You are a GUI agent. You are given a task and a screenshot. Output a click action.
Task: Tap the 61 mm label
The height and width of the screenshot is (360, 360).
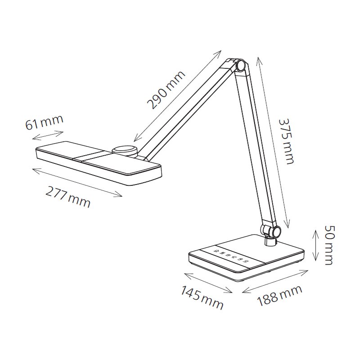point(44,122)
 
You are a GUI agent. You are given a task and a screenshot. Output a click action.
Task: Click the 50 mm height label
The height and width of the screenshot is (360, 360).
point(328,246)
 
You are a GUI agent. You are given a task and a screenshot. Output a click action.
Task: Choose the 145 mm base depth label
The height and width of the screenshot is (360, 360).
point(202,297)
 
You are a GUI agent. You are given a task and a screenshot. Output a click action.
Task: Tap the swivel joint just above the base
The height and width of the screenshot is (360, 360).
point(271,231)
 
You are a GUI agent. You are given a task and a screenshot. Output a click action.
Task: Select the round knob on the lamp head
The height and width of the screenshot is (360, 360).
point(125,150)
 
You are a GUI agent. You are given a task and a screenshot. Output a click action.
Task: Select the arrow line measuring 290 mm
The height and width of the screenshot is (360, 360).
point(178,95)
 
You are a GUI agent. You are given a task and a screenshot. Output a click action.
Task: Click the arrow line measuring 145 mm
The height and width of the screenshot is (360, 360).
point(208,283)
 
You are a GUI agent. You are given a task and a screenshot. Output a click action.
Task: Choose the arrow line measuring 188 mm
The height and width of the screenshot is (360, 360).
point(275,282)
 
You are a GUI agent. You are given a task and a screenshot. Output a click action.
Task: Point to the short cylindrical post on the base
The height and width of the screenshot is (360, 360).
point(270,242)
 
